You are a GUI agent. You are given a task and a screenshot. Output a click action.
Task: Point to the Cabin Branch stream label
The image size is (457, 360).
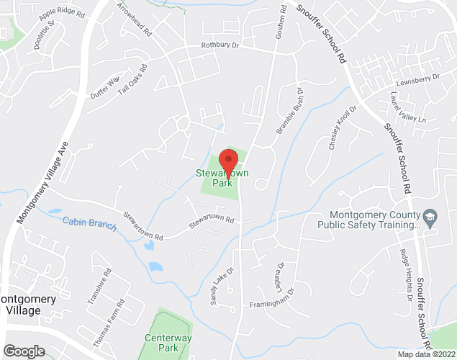point(89,223)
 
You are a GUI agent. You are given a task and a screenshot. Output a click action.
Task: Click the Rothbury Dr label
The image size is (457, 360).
point(220,45)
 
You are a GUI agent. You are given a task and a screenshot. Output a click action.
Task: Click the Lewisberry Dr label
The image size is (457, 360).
point(417,80)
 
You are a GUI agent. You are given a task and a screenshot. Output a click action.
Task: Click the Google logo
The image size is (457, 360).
point(23,351)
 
